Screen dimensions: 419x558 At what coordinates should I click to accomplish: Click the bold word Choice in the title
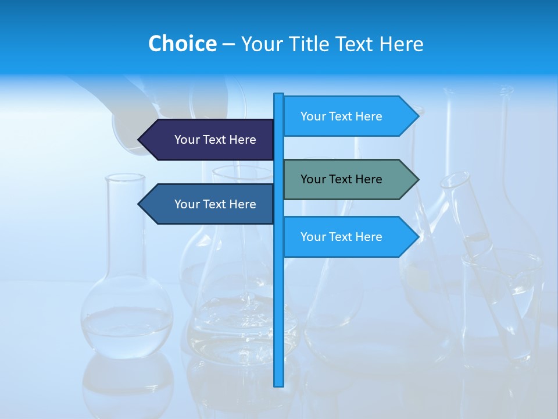(182, 44)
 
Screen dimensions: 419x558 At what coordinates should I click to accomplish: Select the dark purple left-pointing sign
(209, 140)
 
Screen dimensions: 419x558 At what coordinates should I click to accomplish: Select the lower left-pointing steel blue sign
(209, 204)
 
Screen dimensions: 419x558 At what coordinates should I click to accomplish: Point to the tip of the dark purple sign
(140, 140)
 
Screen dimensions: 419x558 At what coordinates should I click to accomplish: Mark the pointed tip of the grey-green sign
(417, 179)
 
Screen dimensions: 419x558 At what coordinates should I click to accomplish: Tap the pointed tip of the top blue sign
(417, 116)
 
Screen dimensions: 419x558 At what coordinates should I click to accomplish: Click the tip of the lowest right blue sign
(417, 237)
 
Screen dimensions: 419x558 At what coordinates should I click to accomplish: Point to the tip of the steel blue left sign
(140, 204)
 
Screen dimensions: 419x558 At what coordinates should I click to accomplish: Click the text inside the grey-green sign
(341, 179)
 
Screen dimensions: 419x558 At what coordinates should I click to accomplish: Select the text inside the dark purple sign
(215, 140)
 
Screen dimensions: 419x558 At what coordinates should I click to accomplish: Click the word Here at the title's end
(401, 44)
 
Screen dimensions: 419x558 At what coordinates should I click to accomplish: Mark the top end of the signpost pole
(279, 95)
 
